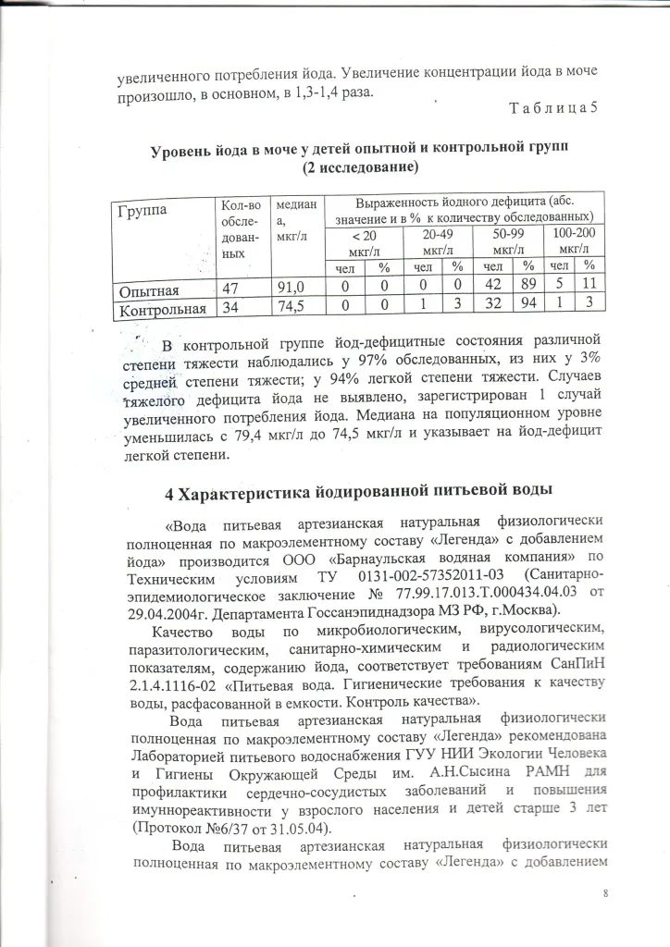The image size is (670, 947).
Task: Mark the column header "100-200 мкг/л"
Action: (x=574, y=242)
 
